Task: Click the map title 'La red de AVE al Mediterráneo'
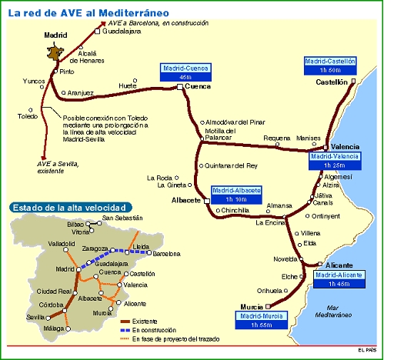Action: tap(88, 14)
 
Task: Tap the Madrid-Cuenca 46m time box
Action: tap(185, 72)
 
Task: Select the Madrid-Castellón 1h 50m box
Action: tap(329, 64)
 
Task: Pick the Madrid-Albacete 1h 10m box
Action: tap(236, 194)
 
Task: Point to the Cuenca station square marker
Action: tap(179, 88)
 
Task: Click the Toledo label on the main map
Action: tap(28, 117)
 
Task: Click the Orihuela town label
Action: tap(269, 291)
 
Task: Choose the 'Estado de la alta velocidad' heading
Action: tap(68, 208)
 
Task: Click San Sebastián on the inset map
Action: tap(123, 218)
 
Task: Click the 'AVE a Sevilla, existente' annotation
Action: tap(52, 167)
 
